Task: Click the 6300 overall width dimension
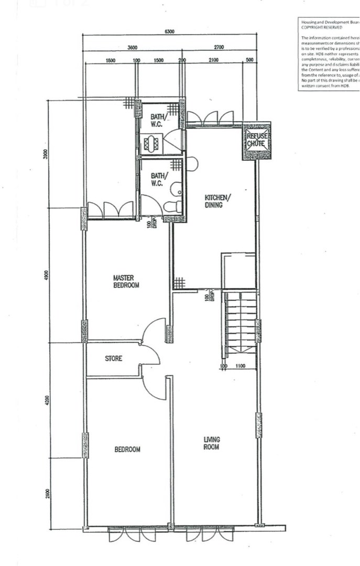(169, 31)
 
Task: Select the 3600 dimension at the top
(133, 47)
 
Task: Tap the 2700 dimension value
(219, 47)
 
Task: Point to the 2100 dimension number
(213, 60)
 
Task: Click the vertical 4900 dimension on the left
(46, 275)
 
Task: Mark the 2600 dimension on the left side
(47, 493)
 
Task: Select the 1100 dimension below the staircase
(241, 366)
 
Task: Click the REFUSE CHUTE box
(256, 140)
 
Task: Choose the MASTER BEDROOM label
(126, 281)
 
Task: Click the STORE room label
(114, 358)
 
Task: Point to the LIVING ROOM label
(212, 443)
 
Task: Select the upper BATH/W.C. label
(158, 120)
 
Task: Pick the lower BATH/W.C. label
(158, 179)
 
